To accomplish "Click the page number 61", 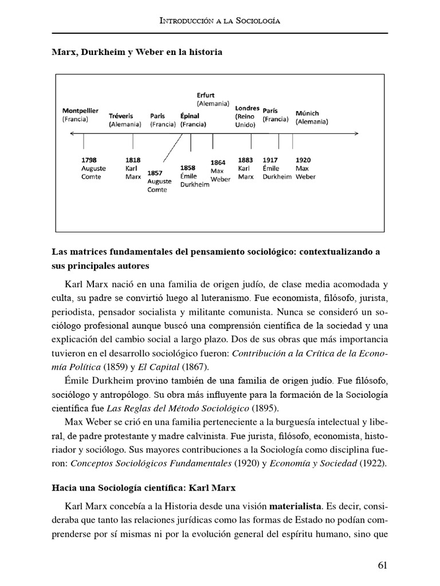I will coord(383,565).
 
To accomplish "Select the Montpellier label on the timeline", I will coord(80,110).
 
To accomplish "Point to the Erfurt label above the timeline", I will coord(206,95).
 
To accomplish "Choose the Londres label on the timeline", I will coord(247,108).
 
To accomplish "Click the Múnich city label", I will coord(307,113).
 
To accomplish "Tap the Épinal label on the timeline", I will coord(190,115).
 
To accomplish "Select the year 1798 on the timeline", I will coord(89,160).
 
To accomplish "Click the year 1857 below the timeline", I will coord(154,172).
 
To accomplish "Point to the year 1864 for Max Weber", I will coord(218,163).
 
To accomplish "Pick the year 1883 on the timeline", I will coord(246,160).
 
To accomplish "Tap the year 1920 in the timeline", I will coord(303,160).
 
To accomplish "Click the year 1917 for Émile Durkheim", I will coord(270,160).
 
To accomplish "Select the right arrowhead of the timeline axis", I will coord(356,134).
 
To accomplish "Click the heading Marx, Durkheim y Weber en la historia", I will coord(136,52).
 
